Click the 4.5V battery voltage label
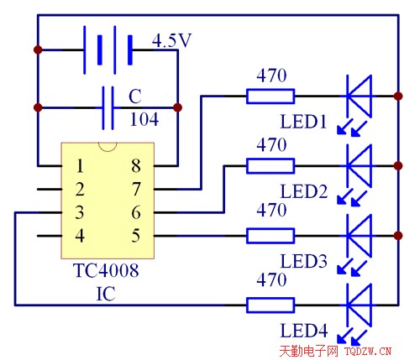(x=171, y=41)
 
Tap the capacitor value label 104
(x=144, y=119)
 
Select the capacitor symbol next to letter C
(x=108, y=107)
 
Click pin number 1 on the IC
(x=80, y=166)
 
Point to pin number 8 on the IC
(x=136, y=165)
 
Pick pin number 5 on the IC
(x=136, y=236)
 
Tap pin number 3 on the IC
(x=80, y=212)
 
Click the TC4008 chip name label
(x=106, y=270)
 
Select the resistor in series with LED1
(x=270, y=97)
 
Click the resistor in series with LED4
(x=270, y=305)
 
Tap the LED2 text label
(x=304, y=191)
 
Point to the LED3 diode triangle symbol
(x=359, y=236)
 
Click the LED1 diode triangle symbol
(x=359, y=97)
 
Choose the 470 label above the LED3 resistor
(x=271, y=210)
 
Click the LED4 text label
(x=304, y=331)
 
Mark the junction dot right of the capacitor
(x=177, y=107)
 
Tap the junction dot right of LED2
(x=398, y=166)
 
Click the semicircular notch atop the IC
(x=108, y=147)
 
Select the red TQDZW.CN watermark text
(x=368, y=351)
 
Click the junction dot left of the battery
(x=38, y=50)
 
